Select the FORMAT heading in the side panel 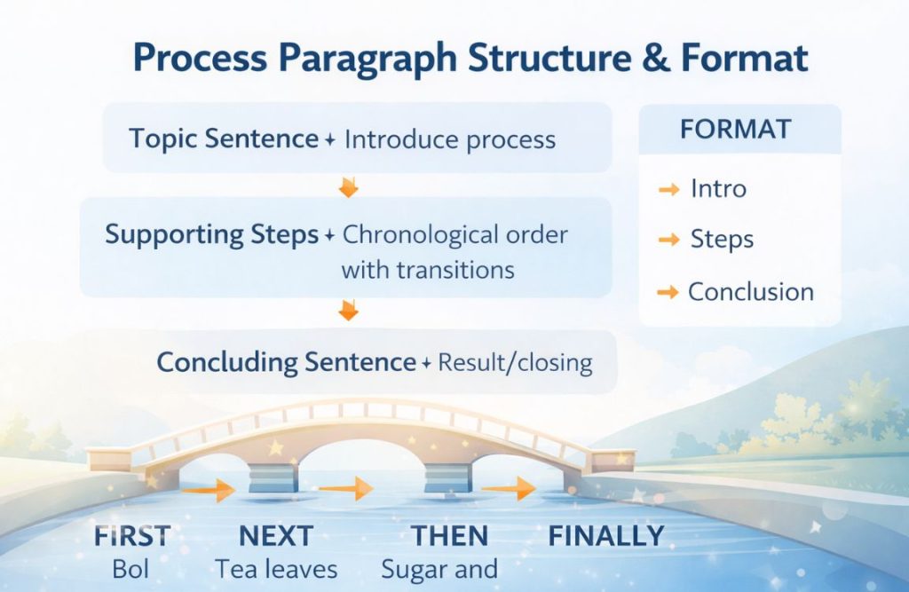pyautogui.click(x=735, y=130)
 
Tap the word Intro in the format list pyautogui.click(x=718, y=188)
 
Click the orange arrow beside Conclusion pyautogui.click(x=668, y=292)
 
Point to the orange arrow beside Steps pyautogui.click(x=668, y=240)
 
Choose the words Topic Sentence pyautogui.click(x=223, y=139)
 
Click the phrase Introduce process pyautogui.click(x=449, y=140)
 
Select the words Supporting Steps pyautogui.click(x=211, y=235)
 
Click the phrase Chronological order pyautogui.click(x=454, y=235)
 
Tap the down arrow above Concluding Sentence pyautogui.click(x=348, y=311)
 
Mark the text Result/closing pyautogui.click(x=515, y=363)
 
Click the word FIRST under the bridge pyautogui.click(x=131, y=536)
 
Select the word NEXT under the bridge pyautogui.click(x=276, y=536)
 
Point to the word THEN pyautogui.click(x=449, y=536)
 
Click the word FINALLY pyautogui.click(x=605, y=536)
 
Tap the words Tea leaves pyautogui.click(x=276, y=569)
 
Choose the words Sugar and pyautogui.click(x=439, y=569)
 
